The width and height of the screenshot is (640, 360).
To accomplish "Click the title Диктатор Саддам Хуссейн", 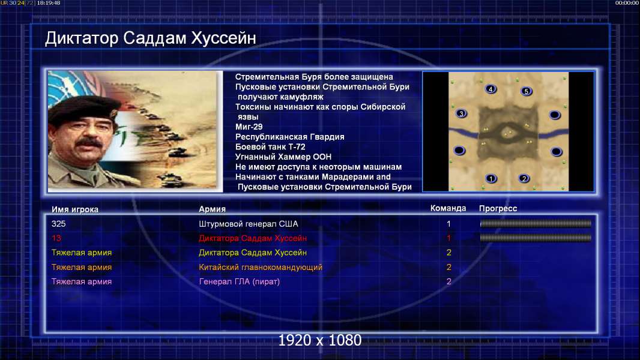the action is (150, 38).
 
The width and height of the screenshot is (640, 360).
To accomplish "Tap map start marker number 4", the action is (491, 89).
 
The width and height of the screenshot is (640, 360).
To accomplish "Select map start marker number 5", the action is (526, 91).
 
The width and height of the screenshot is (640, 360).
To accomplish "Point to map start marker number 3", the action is (461, 114).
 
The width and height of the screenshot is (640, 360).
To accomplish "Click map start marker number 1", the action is (491, 179).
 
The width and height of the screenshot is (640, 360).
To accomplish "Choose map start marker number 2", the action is (524, 179).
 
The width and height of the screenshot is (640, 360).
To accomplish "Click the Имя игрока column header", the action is (74, 209).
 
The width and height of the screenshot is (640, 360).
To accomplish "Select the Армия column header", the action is (213, 209).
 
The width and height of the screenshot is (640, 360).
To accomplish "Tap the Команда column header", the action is (448, 208).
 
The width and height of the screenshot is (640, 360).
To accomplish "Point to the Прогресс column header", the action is (498, 209).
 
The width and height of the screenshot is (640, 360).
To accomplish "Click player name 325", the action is (58, 224).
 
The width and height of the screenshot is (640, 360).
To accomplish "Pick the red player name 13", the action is (56, 238).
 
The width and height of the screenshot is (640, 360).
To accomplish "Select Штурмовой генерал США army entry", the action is (248, 224).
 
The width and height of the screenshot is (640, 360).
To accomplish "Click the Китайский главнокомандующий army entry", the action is (261, 268).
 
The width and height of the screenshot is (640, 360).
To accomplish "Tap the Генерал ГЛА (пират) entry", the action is (239, 282).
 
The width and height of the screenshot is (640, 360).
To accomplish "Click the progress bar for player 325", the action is (536, 223).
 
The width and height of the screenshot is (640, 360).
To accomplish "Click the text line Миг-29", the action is (249, 127).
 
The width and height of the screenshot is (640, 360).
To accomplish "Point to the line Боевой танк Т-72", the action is (270, 147).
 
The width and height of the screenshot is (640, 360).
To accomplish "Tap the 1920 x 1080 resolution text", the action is (319, 340).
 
